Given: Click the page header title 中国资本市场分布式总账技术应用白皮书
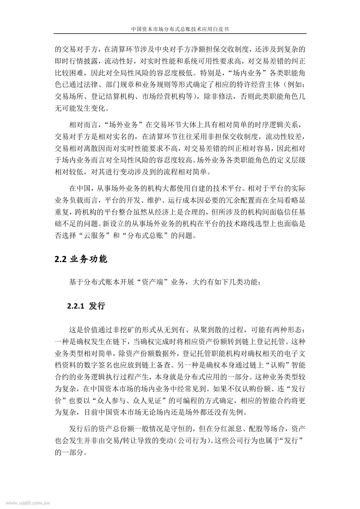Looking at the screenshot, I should [180, 29].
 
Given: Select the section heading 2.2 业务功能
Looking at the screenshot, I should [81, 259].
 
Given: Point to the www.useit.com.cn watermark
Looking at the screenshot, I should [25, 503].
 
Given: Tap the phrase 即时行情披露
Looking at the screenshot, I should [76, 61].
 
